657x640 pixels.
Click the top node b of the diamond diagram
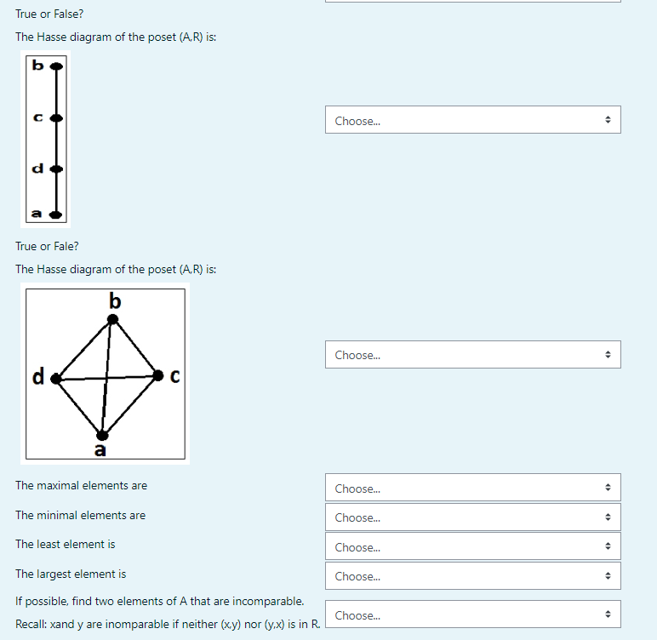coord(112,319)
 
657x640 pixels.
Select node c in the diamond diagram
coord(158,374)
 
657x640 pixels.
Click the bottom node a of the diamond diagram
coord(101,435)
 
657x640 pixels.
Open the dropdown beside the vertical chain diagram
coord(472,120)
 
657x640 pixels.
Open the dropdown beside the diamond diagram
coord(472,355)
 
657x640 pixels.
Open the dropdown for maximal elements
coord(472,488)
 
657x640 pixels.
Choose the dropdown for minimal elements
coord(472,517)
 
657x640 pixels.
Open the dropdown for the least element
coord(472,546)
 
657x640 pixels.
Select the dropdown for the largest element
coord(472,576)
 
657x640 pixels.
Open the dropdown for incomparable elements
coord(472,614)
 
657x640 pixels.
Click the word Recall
coord(31,625)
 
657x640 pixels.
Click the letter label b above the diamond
coord(116,300)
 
